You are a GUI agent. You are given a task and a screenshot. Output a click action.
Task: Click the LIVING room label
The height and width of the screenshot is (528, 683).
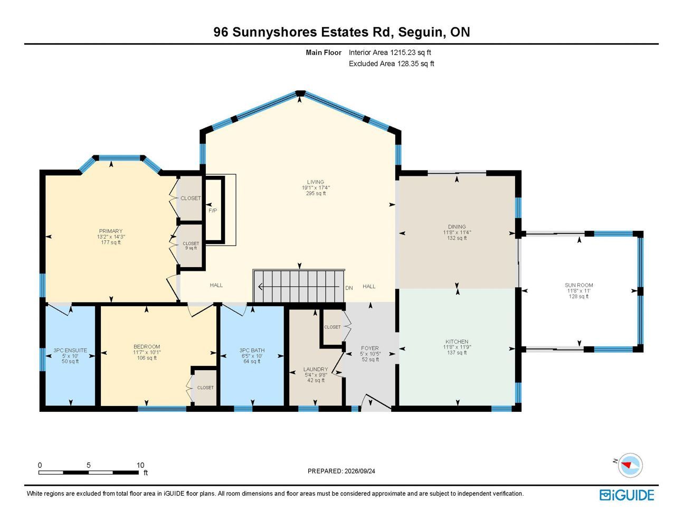pyautogui.click(x=316, y=182)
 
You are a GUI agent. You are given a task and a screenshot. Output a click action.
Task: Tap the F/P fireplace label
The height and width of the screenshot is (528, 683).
pyautogui.click(x=213, y=211)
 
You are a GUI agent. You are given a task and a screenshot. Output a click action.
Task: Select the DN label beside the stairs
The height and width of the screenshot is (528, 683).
pyautogui.click(x=349, y=288)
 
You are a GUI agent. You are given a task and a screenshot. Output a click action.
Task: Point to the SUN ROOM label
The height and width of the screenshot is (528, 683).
pyautogui.click(x=578, y=285)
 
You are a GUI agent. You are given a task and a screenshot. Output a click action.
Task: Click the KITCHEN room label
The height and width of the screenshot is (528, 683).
pyautogui.click(x=457, y=342)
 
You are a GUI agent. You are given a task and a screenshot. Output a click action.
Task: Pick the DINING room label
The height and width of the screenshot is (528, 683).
pyautogui.click(x=457, y=227)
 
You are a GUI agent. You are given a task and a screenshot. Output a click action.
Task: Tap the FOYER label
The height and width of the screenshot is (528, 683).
pyautogui.click(x=369, y=348)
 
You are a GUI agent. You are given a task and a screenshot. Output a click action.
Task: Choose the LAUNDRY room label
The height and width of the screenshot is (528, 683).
pyautogui.click(x=316, y=369)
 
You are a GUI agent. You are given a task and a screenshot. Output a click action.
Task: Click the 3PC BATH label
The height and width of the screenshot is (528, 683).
pyautogui.click(x=252, y=350)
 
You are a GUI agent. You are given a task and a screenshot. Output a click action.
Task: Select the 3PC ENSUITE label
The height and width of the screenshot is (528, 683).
pyautogui.click(x=70, y=350)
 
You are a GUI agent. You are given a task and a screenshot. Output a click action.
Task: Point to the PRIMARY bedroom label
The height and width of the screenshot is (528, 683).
pyautogui.click(x=111, y=231)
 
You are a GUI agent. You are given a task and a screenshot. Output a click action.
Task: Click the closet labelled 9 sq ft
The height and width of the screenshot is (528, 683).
pyautogui.click(x=191, y=246)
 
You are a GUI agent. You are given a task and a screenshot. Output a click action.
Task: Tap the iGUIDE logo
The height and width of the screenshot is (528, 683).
pyautogui.click(x=627, y=495)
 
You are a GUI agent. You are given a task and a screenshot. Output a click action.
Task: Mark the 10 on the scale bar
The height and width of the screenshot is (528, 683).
pyautogui.click(x=140, y=465)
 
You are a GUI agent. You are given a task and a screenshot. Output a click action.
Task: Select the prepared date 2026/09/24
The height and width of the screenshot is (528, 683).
pyautogui.click(x=359, y=471)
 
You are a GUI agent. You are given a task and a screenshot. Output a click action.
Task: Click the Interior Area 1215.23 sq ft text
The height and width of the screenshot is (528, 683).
pyautogui.click(x=390, y=52)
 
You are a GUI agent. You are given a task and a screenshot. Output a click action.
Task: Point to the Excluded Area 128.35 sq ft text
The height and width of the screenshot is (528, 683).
pyautogui.click(x=391, y=64)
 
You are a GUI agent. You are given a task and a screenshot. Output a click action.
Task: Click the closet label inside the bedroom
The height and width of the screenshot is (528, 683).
pyautogui.click(x=205, y=388)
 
